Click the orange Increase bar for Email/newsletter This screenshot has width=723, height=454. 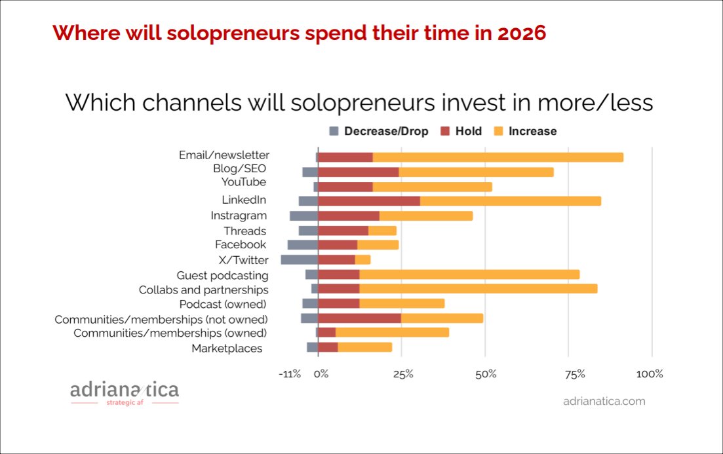click(x=498, y=157)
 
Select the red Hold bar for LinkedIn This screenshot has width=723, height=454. click(x=369, y=201)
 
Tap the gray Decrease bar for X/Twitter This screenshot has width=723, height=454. click(x=300, y=259)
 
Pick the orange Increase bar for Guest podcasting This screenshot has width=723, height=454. click(x=469, y=274)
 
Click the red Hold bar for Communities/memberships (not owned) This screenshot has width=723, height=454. click(x=360, y=318)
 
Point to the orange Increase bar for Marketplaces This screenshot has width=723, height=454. click(x=364, y=347)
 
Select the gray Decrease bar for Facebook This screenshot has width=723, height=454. click(x=303, y=245)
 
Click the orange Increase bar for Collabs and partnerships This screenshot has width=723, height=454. click(x=478, y=289)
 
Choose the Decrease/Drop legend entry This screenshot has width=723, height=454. click(x=379, y=131)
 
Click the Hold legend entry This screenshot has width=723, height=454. click(x=461, y=131)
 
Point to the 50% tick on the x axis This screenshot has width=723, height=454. click(x=486, y=374)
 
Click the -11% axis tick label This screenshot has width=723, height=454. click(x=289, y=374)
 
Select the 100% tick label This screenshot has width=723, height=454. click(x=650, y=374)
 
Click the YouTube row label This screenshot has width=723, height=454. click(x=243, y=181)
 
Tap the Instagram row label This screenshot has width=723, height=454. click(x=239, y=216)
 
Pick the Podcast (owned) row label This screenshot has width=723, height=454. click(x=223, y=304)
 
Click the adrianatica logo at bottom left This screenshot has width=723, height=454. click(x=125, y=392)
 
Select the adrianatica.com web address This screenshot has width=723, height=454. click(x=604, y=401)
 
